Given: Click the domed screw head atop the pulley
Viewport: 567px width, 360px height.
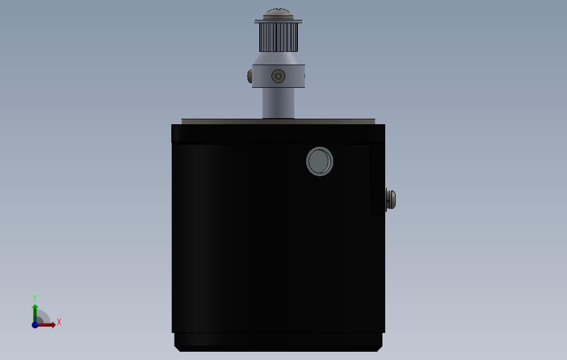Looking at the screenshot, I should (x=278, y=13).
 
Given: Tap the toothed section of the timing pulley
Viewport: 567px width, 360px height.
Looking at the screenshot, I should (x=278, y=37).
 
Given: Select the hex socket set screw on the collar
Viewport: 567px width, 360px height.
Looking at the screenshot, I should (x=278, y=76).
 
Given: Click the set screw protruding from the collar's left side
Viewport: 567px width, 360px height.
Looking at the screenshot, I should (x=250, y=76).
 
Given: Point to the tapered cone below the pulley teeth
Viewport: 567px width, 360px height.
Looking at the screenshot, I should (x=278, y=58).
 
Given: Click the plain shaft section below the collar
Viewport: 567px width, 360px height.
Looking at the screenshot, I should (x=278, y=102).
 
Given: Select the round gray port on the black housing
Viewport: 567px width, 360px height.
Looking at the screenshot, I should (x=319, y=161).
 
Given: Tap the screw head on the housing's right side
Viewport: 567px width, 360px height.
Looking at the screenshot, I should (x=391, y=199).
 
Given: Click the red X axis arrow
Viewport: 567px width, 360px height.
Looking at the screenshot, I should (x=47, y=325).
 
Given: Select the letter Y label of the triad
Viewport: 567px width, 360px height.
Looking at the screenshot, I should (x=35, y=298).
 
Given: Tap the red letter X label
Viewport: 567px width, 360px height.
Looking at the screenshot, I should (x=59, y=322).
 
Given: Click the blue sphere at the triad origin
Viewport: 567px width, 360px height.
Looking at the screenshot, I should (x=35, y=325).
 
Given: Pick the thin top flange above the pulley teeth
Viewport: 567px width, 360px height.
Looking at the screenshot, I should (x=278, y=22).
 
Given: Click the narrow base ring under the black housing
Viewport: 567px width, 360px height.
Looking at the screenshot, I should (x=278, y=341).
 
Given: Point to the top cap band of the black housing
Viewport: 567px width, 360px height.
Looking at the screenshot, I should (x=278, y=133).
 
